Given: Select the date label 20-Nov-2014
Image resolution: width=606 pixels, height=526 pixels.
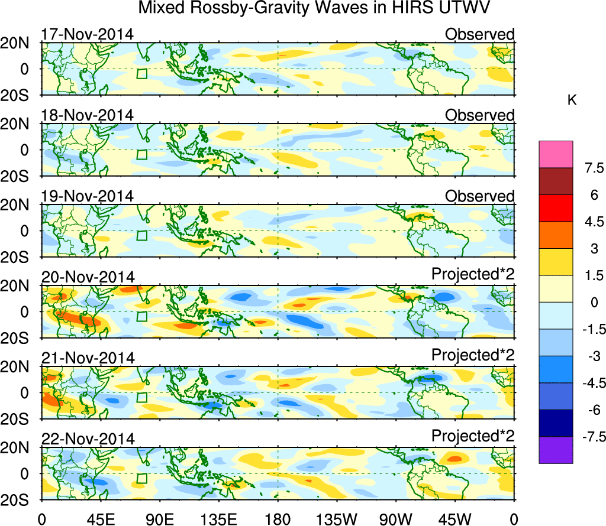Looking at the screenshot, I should click(x=88, y=277).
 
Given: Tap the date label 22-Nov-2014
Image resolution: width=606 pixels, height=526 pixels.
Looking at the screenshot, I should click(x=88, y=439).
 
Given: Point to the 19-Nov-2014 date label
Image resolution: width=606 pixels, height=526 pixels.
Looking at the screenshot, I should click(x=88, y=196).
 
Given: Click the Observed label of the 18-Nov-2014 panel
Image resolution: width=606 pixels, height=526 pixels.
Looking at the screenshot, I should click(x=479, y=115).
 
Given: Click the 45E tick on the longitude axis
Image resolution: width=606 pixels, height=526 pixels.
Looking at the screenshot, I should click(x=100, y=518).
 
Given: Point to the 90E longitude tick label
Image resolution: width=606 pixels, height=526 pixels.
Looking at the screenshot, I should click(x=159, y=518).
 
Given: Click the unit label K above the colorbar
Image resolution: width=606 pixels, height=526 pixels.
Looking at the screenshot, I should click(x=572, y=100).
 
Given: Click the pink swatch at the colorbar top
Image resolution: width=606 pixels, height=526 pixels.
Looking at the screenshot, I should click(x=556, y=155).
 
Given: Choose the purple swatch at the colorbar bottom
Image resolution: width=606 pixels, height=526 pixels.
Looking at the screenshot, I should click(x=556, y=450).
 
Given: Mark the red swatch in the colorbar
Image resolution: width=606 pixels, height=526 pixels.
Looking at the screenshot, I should click(x=556, y=208).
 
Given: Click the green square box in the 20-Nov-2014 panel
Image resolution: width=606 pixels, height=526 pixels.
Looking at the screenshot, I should click(x=141, y=316).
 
